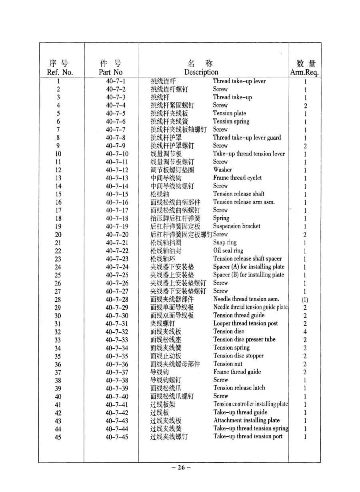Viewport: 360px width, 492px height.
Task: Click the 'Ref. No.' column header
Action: pos(60,72)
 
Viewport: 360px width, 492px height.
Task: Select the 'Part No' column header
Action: pos(111,72)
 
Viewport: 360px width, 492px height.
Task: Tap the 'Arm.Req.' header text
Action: pos(304,73)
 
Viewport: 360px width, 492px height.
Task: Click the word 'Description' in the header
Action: pos(201,72)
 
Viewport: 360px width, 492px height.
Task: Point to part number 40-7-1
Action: pos(116,82)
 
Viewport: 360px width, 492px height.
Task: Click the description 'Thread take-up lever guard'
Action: pos(247,138)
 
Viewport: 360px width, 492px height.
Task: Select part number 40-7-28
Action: pos(117,300)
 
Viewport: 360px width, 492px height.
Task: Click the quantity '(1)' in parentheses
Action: pos(305,300)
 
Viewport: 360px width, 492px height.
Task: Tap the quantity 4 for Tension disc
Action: pos(305,332)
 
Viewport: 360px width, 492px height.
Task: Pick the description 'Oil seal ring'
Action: pos(228,251)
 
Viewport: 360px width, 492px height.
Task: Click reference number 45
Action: pos(58,437)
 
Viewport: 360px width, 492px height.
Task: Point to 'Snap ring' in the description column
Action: pos(225,243)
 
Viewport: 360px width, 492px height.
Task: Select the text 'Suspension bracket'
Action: pos(236,226)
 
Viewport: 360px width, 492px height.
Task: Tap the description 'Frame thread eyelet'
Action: pos(237,178)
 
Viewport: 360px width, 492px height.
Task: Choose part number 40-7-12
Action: pos(117,170)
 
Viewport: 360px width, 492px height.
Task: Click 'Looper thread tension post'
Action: pos(246,324)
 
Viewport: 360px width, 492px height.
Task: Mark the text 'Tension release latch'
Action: pos(239,388)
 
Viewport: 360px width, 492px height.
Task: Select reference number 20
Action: pos(58,235)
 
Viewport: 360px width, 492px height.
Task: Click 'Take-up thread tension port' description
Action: pos(248,436)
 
